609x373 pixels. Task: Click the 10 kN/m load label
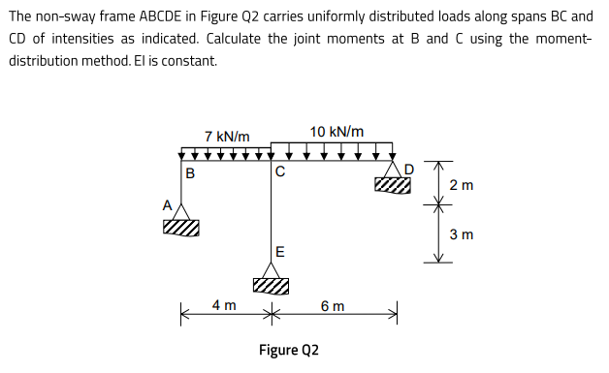point(337,132)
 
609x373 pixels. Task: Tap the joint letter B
point(190,174)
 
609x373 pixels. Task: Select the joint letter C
point(279,174)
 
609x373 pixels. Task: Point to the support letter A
point(167,205)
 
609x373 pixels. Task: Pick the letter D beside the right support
point(408,170)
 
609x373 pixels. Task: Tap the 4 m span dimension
point(224,306)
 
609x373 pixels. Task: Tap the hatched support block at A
point(181,228)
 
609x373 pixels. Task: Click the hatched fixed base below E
point(272,285)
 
